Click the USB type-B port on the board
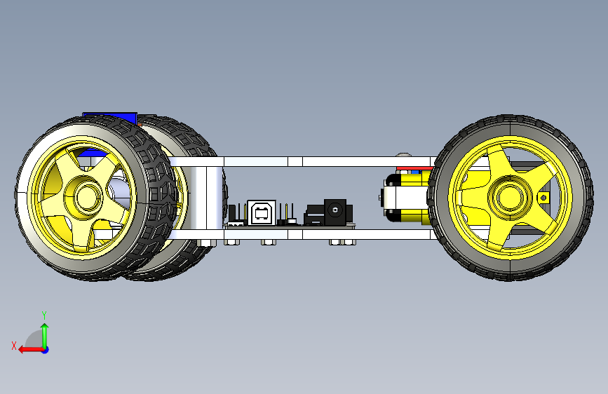click(261, 212)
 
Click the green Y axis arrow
click(44, 333)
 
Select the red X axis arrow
click(26, 349)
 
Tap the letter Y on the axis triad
click(44, 315)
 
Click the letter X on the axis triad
click(13, 345)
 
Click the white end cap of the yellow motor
click(389, 199)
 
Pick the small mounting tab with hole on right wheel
click(542, 198)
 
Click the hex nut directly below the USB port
click(267, 243)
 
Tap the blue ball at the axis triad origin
click(44, 349)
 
